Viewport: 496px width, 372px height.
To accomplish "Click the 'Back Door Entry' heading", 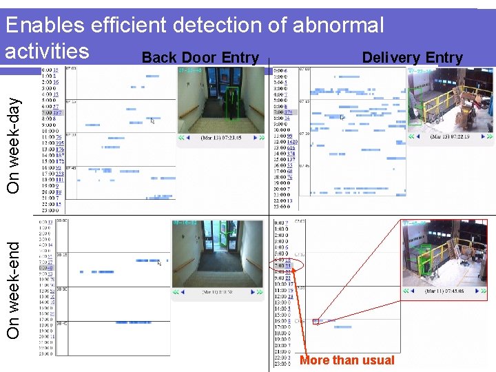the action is tap(200, 58).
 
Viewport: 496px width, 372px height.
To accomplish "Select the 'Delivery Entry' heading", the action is tap(412, 58).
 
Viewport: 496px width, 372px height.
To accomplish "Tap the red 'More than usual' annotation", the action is tap(347, 360).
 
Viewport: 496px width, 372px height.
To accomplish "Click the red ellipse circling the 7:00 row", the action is tap(282, 265).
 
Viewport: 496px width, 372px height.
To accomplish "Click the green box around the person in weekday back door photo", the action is tap(234, 102).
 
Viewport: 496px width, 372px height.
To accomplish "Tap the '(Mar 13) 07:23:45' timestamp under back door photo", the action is tap(220, 138).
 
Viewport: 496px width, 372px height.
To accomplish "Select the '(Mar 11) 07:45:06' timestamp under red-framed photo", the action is tap(444, 291).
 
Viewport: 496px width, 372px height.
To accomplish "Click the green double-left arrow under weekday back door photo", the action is tap(184, 138).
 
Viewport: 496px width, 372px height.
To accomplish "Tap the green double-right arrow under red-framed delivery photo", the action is tap(481, 291).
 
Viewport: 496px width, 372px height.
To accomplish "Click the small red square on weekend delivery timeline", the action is tap(316, 320).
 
